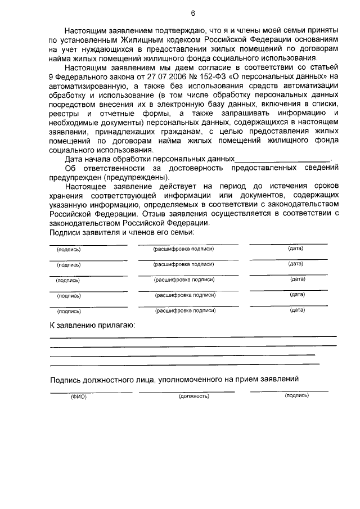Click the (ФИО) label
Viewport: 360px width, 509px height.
(79, 397)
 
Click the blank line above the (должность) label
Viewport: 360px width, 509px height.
(187, 391)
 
